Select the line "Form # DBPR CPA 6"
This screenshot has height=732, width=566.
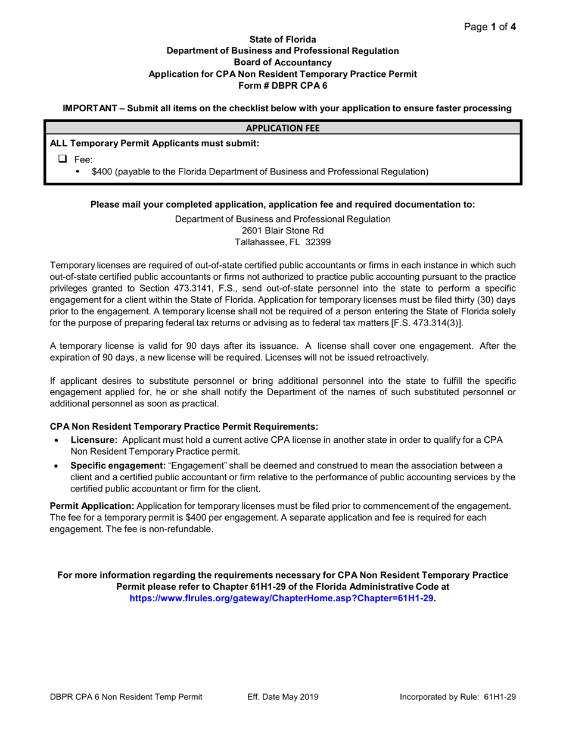pos(282,85)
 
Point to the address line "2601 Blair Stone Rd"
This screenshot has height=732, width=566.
pos(282,231)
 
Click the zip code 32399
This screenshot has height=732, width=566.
pos(318,242)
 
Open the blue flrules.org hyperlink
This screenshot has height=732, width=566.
pos(282,598)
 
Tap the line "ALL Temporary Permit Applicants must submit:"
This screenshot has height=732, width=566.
pos(154,143)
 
